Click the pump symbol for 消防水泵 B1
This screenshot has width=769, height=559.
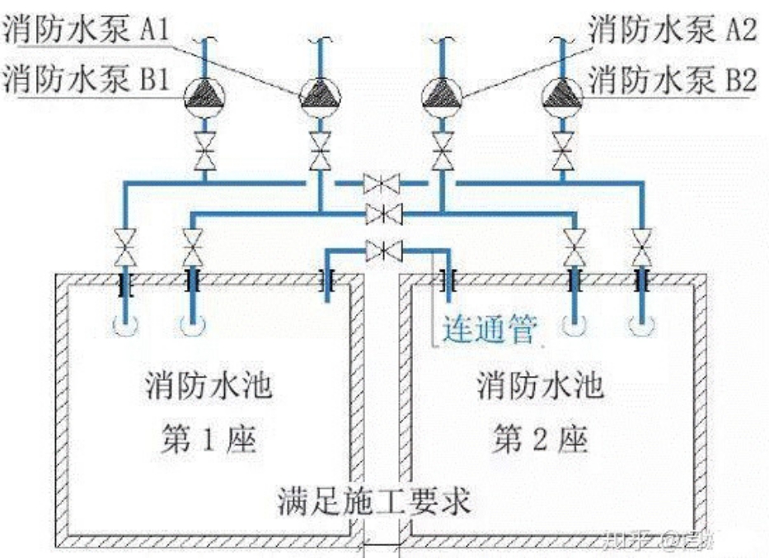[204, 96]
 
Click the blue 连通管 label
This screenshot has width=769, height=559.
[489, 331]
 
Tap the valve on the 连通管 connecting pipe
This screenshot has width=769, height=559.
[383, 249]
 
